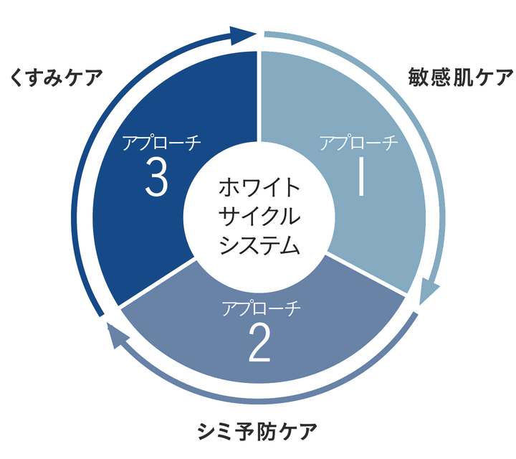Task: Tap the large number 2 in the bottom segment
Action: [x=259, y=344]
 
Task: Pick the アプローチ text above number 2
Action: [x=260, y=309]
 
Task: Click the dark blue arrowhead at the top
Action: [x=244, y=33]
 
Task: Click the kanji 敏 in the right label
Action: [x=419, y=76]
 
